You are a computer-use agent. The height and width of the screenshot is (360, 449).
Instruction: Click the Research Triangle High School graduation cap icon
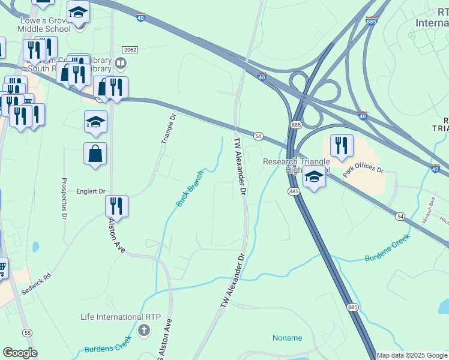[313, 176]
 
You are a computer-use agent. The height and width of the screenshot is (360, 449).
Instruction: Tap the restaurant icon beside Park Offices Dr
[341, 146]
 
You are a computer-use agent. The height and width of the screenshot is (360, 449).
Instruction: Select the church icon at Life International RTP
[143, 330]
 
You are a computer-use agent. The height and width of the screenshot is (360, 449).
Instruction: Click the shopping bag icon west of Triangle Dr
[95, 154]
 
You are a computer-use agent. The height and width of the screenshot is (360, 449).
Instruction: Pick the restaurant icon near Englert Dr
[116, 206]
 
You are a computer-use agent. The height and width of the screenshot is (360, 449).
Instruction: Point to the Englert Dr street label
[91, 192]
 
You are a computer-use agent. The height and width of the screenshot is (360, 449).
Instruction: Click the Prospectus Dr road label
[64, 199]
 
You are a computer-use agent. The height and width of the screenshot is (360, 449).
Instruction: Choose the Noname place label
[288, 338]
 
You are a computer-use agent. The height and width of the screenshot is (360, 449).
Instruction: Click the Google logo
[20, 353]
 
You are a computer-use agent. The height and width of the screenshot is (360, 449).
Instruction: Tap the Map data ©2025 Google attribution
[412, 355]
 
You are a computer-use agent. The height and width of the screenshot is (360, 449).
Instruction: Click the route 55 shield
[28, 332]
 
